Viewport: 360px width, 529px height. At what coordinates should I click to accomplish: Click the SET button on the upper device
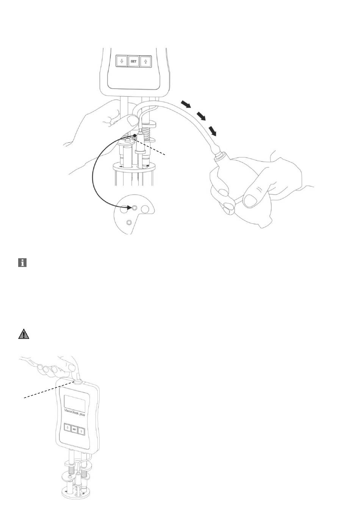click(133, 61)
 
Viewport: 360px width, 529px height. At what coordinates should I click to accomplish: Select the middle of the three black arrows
click(201, 116)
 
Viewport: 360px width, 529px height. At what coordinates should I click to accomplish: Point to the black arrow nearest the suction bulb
click(214, 131)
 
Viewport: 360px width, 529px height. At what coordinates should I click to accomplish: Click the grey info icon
click(22, 263)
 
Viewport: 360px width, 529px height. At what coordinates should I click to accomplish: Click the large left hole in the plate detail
click(124, 208)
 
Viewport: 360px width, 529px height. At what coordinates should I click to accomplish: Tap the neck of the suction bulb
click(219, 155)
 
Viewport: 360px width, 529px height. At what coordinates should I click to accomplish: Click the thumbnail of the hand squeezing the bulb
click(251, 200)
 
